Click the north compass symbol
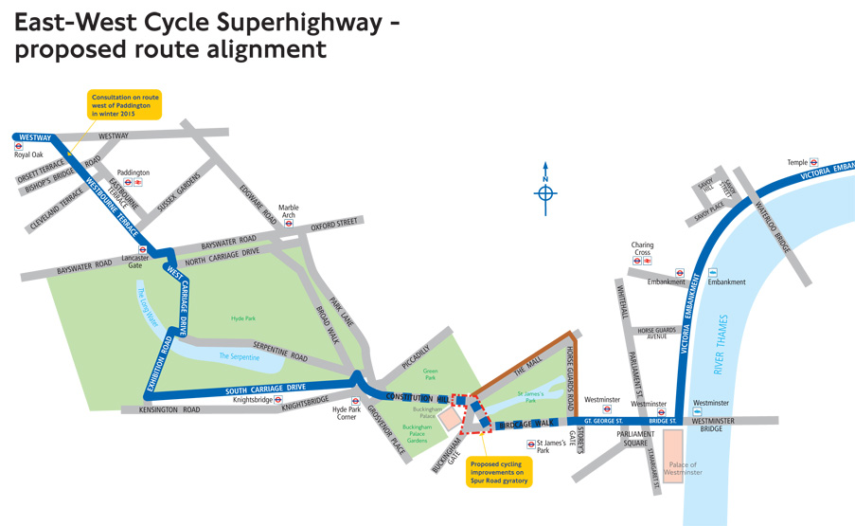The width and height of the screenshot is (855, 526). (x=545, y=193)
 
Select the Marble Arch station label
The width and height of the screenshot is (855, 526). (x=288, y=210)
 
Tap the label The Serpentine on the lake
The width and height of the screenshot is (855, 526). (x=238, y=356)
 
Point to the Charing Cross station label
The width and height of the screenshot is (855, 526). (x=643, y=249)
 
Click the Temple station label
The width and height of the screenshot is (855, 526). (x=797, y=162)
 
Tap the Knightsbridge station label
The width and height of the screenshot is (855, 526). (x=252, y=400)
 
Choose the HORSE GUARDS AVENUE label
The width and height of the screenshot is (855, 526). (x=660, y=334)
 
